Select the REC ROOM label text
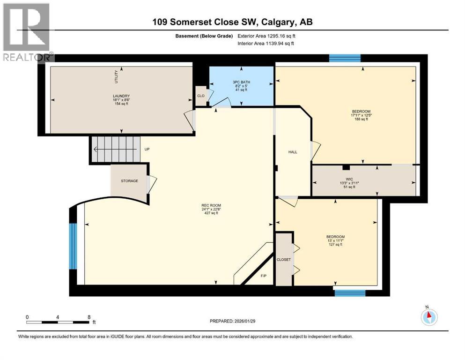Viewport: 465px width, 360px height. pyautogui.click(x=211, y=205)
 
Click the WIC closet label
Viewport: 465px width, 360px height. pyautogui.click(x=347, y=179)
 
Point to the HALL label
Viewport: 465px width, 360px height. pyautogui.click(x=293, y=152)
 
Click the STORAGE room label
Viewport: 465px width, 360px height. pyautogui.click(x=129, y=180)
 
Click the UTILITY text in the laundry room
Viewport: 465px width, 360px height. pyautogui.click(x=116, y=76)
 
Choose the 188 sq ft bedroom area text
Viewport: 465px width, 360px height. pyautogui.click(x=361, y=119)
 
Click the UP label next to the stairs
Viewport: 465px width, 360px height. pyautogui.click(x=147, y=149)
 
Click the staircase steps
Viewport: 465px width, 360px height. pyautogui.click(x=116, y=150)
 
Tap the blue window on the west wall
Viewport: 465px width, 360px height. pyautogui.click(x=73, y=246)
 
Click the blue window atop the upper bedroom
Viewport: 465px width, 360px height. pyautogui.click(x=345, y=58)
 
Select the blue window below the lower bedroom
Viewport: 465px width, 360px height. pyautogui.click(x=349, y=293)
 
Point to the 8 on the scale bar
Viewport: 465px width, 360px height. pyautogui.click(x=89, y=317)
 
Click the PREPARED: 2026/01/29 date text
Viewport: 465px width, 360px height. pyautogui.click(x=233, y=321)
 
